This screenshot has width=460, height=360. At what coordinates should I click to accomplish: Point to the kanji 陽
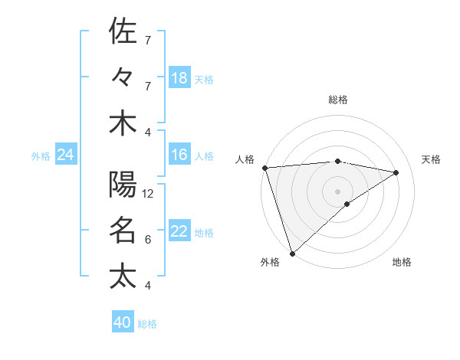coord(123,185)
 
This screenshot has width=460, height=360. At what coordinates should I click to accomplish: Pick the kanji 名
coord(123,230)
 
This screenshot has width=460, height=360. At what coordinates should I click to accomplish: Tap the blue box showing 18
coord(179,78)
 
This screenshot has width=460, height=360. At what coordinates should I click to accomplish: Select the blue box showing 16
coord(179,155)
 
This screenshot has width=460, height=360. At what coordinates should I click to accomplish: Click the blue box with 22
coord(179,232)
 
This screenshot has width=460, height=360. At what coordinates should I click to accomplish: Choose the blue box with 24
coord(65,155)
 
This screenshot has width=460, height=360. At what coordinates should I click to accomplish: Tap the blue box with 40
coord(123,322)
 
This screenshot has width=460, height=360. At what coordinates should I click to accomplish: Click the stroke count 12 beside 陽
coord(148,194)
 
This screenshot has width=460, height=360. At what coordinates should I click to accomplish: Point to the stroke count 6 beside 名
coord(147,240)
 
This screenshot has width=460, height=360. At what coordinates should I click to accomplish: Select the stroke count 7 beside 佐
coord(147,40)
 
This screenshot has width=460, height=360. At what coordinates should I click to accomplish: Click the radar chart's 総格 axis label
coord(338,100)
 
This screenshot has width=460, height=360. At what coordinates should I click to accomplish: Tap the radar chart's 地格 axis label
coord(402,263)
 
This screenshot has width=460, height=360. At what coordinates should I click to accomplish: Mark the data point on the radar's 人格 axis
coord(264,167)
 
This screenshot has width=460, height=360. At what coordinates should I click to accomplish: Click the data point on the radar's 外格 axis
coord(293,252)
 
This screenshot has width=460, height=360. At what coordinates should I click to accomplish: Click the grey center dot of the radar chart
coord(338,191)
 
